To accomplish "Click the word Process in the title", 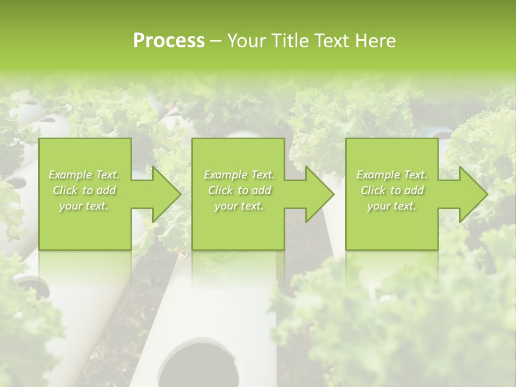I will (169, 41).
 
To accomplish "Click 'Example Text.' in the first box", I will (84, 175).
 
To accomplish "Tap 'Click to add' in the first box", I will (84, 190).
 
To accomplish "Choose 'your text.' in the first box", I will (84, 206).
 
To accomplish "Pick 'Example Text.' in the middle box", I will (239, 175).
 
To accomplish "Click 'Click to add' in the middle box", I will (239, 190).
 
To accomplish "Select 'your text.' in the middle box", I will (239, 206).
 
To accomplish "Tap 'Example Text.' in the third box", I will (392, 175).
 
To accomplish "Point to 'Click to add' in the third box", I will (392, 190).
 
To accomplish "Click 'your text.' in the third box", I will (392, 206).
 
